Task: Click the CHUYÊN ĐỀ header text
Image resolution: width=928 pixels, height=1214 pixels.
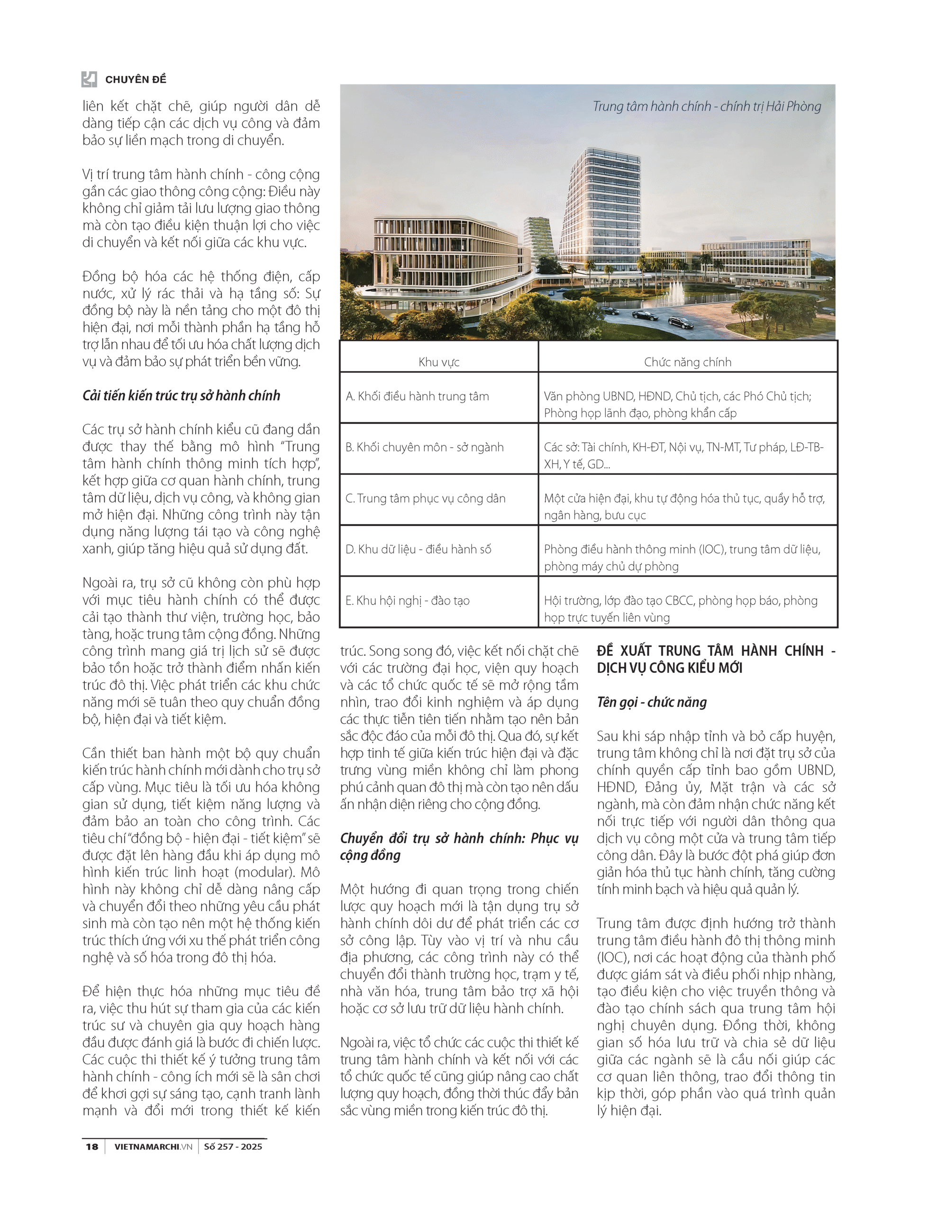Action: coord(136,80)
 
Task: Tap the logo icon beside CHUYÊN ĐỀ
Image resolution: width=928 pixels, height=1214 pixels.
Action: coord(89,79)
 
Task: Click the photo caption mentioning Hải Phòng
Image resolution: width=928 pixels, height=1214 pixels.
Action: coord(707,106)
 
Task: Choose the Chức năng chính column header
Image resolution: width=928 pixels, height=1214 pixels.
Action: coord(687,362)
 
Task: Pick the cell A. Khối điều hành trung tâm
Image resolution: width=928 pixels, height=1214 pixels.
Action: coord(417,396)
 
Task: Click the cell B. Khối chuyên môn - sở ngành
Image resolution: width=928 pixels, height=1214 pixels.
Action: coord(424,447)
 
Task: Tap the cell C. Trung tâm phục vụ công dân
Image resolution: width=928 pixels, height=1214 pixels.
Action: coord(425,498)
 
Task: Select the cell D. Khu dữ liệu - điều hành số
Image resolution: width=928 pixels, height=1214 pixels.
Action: coord(418,549)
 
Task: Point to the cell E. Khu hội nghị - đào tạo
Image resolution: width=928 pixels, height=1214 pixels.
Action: coord(407,601)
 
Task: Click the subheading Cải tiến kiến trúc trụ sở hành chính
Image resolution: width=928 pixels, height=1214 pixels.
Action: coord(181,395)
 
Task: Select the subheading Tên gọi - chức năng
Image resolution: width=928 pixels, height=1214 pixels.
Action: coord(651,702)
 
